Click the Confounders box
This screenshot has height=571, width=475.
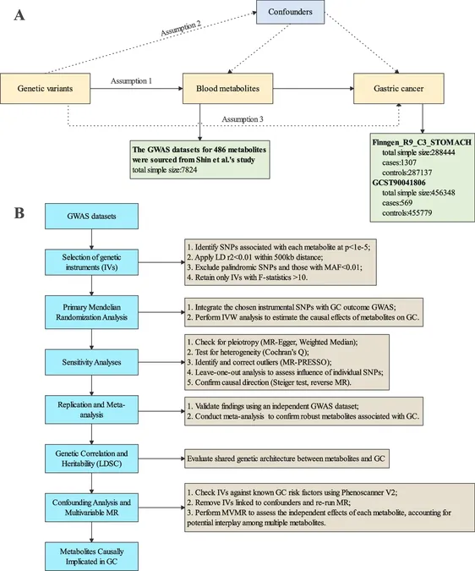[x=290, y=12]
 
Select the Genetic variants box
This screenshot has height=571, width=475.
[x=45, y=89]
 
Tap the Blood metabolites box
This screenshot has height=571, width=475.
[x=227, y=89]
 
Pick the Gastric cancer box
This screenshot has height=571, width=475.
[x=399, y=89]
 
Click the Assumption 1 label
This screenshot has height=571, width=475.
[x=131, y=81]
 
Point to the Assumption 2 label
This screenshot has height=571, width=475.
[x=181, y=28]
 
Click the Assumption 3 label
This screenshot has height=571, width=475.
[x=243, y=119]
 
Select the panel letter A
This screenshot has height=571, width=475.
[x=19, y=16]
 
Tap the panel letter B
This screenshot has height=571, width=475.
[x=19, y=213]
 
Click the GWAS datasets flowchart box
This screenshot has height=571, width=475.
[x=91, y=217]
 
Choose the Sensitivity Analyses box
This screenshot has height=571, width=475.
[x=91, y=362]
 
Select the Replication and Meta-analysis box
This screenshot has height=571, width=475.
[x=91, y=409]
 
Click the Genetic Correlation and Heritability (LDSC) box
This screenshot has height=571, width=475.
[x=91, y=458]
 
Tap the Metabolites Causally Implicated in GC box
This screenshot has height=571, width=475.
[x=91, y=557]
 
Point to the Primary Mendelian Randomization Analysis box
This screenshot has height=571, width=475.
[x=91, y=312]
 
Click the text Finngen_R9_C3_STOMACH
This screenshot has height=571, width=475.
[x=422, y=142]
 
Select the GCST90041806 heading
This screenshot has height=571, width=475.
[x=399, y=183]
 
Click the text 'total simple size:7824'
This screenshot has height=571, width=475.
[x=165, y=170]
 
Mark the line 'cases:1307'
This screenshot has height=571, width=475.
[x=399, y=162]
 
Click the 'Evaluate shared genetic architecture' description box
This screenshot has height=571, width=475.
[x=287, y=458]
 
